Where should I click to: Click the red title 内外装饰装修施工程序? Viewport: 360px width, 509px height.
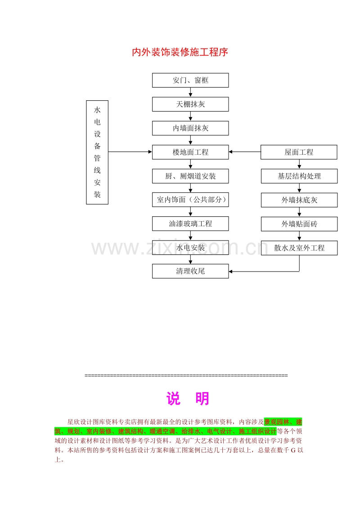(x=180, y=52)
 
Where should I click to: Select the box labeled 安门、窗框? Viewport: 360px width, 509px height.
(x=190, y=80)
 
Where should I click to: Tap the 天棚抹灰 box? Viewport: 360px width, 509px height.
(x=190, y=104)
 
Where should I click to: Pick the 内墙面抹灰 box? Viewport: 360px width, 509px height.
(x=190, y=128)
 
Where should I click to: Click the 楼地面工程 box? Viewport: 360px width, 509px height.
(x=190, y=152)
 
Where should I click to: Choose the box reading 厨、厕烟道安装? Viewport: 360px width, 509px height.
(x=190, y=176)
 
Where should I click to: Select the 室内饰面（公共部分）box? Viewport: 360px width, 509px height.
(x=190, y=200)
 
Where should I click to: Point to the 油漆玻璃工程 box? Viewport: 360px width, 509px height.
(x=190, y=223)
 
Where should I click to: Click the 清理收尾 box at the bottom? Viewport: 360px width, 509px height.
(x=190, y=271)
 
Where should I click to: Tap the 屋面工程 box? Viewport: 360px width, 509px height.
(x=299, y=152)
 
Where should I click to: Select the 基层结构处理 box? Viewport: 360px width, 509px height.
(x=299, y=176)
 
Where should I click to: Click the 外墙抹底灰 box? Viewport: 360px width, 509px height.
(x=299, y=200)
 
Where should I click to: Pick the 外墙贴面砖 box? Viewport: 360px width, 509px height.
(x=299, y=224)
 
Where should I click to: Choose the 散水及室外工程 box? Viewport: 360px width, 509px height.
(x=299, y=248)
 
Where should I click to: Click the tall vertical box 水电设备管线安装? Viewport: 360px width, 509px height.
(x=97, y=152)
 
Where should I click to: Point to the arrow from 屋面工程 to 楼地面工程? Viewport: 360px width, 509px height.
(x=245, y=152)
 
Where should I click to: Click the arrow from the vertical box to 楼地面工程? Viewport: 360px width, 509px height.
(x=130, y=152)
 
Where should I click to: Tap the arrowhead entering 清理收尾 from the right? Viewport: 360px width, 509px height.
(x=231, y=272)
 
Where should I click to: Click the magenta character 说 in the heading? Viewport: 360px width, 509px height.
(x=173, y=398)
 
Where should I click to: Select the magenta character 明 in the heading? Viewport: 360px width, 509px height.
(x=202, y=398)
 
